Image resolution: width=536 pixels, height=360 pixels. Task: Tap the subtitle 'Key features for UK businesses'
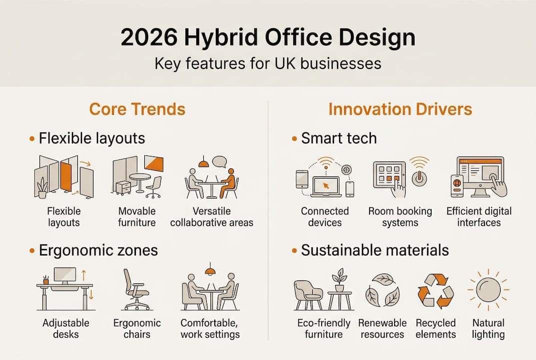click(x=268, y=63)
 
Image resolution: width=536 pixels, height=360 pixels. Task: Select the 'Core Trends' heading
click(x=137, y=109)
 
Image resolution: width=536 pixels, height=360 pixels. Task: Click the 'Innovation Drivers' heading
click(x=400, y=109)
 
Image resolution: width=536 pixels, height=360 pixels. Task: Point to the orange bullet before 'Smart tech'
click(x=294, y=138)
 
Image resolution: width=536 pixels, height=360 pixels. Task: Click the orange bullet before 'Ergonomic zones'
click(x=32, y=250)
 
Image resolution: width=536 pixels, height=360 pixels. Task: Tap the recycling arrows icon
click(x=436, y=291)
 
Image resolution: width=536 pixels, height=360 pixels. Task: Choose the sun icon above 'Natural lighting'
click(x=488, y=290)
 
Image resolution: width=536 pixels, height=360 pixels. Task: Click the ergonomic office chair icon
click(x=135, y=289)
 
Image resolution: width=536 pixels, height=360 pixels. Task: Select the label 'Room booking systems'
click(x=400, y=216)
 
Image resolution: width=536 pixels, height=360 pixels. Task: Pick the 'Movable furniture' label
click(x=137, y=216)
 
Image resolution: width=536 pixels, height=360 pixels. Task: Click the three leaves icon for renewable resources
click(x=383, y=290)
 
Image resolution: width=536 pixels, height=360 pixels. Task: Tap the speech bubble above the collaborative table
click(x=220, y=161)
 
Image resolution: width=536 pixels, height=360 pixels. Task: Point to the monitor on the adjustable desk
click(x=65, y=274)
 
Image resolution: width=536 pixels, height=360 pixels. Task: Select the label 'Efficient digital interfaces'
click(x=479, y=216)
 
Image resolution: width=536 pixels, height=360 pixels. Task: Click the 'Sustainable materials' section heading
click(x=375, y=250)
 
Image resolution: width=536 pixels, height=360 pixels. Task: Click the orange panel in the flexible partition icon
click(x=66, y=176)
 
